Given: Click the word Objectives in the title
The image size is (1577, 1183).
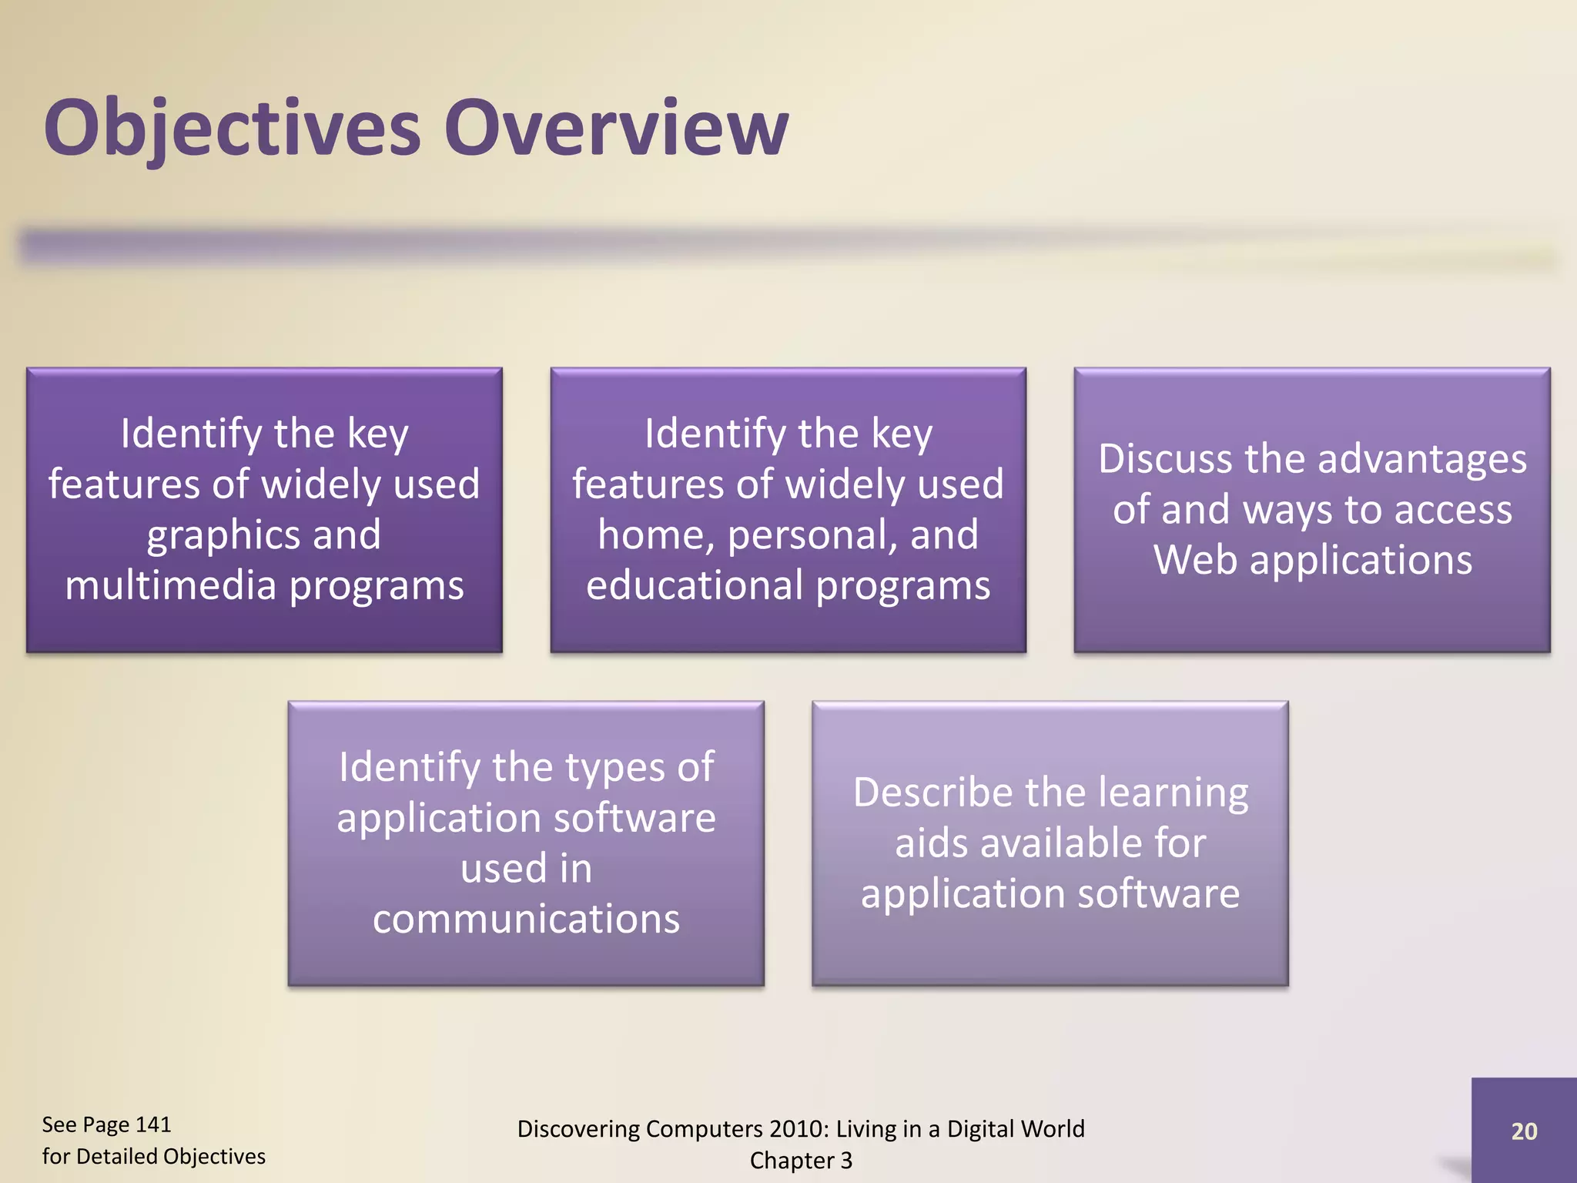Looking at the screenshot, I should [232, 128].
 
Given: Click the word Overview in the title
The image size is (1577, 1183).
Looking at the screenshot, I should [615, 128].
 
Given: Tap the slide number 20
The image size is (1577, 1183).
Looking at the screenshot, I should [1524, 1131].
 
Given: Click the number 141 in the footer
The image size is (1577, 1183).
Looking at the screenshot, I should [152, 1124].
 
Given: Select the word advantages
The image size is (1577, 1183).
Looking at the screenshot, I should [1421, 460].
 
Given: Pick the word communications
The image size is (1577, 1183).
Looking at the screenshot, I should [526, 919].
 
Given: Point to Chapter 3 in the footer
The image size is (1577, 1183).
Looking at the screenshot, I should [801, 1160].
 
